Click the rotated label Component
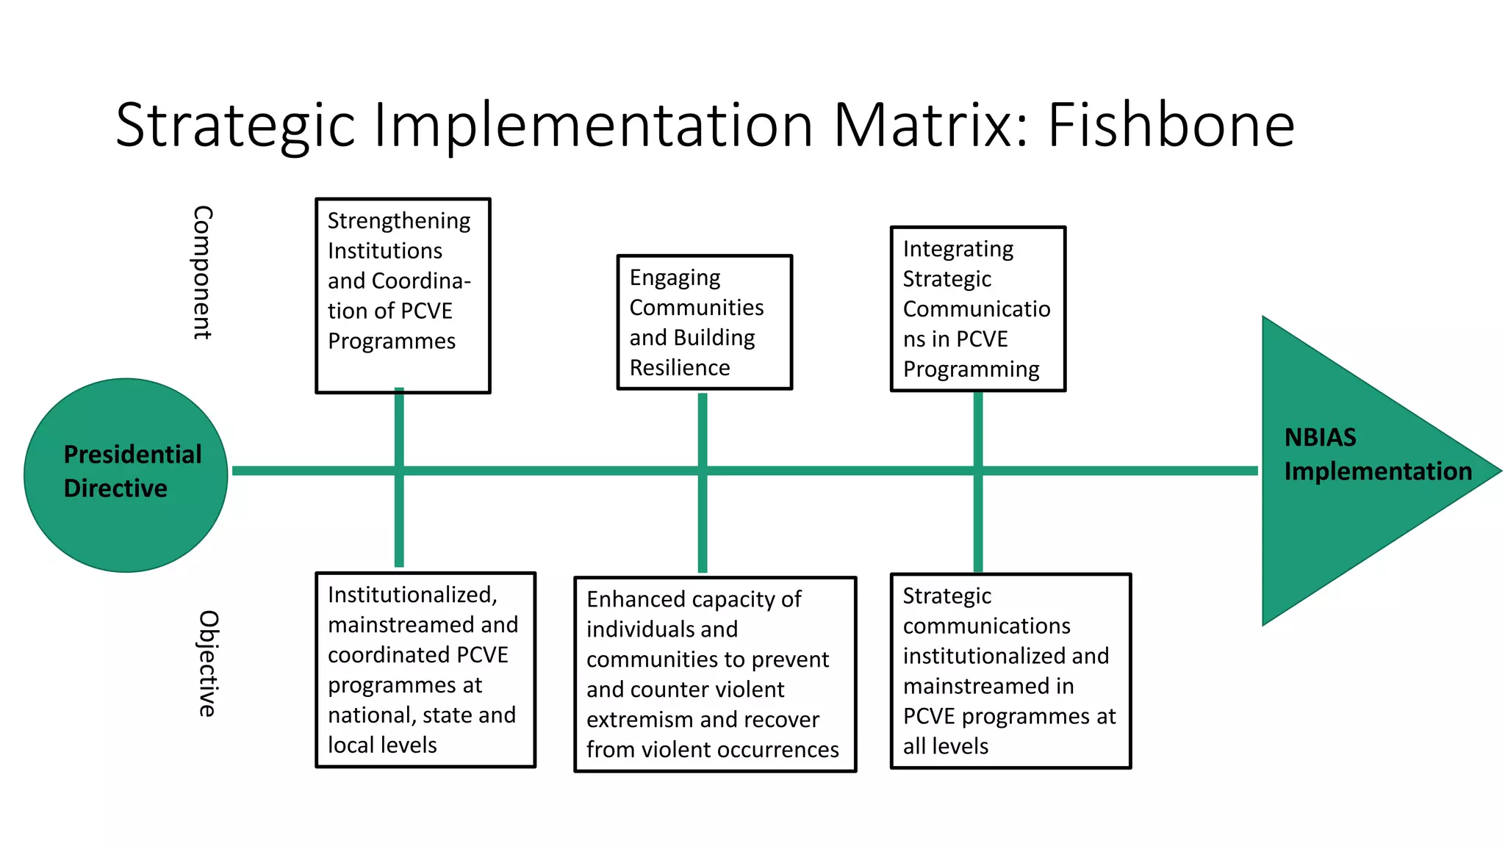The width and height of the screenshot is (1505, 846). coord(202,272)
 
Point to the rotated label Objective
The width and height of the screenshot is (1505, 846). coord(208,663)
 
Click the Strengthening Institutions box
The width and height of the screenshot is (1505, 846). coord(403,295)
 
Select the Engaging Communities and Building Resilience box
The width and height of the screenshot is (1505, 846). coord(704,322)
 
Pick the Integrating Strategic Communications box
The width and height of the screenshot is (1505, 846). coord(977,308)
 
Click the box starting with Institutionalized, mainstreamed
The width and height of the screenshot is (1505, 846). coord(425,669)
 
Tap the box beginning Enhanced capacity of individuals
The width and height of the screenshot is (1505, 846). coord(714,673)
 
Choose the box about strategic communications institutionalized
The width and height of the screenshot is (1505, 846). coord(1010,670)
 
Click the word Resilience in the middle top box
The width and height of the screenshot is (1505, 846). coord(680,367)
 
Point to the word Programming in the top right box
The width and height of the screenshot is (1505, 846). coord(971,369)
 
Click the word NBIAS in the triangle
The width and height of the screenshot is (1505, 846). coord(1320,437)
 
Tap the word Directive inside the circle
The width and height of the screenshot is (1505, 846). coord(115,488)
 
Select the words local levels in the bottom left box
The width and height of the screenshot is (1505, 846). coord(382,745)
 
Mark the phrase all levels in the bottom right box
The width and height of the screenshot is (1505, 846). coord(945,746)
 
